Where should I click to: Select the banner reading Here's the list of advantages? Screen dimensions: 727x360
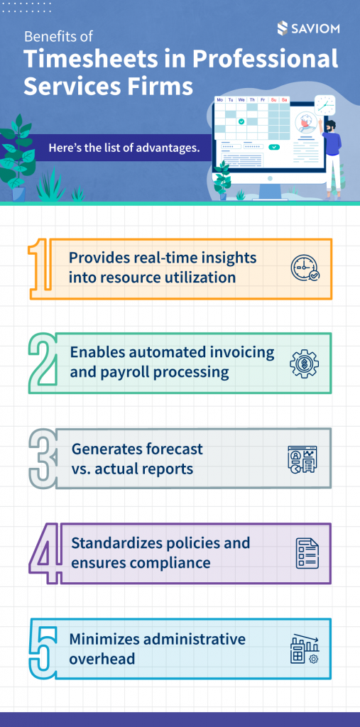pyautogui.click(x=124, y=148)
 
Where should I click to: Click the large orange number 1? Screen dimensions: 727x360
pyautogui.click(x=40, y=268)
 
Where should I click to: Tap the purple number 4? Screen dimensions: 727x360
pyautogui.click(x=45, y=552)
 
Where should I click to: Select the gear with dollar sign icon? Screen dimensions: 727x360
pyautogui.click(x=305, y=363)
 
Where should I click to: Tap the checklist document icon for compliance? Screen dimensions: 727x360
pyautogui.click(x=307, y=553)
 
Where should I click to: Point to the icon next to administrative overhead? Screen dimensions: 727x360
pyautogui.click(x=305, y=647)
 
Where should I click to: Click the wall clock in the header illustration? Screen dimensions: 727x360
pyautogui.click(x=324, y=105)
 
